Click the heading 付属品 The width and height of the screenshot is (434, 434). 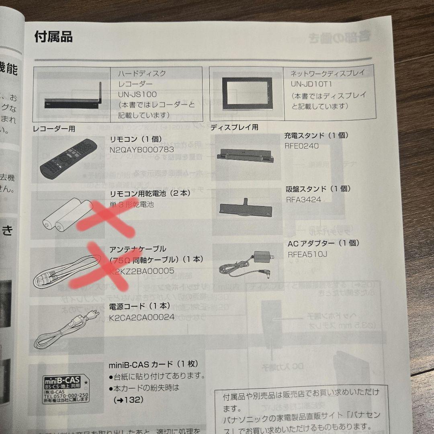[x=53, y=37]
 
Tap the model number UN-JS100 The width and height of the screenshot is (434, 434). [x=137, y=94]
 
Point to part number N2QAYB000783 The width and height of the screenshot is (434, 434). [x=141, y=149]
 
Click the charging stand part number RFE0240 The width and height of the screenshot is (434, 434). [x=302, y=146]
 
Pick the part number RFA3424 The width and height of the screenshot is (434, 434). [x=303, y=199]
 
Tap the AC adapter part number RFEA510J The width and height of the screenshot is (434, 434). [x=307, y=254]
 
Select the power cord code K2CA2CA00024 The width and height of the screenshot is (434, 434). [x=142, y=317]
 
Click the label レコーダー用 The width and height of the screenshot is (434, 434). [x=54, y=129]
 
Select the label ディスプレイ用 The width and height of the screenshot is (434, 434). [x=234, y=127]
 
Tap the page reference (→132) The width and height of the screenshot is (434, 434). [x=128, y=400]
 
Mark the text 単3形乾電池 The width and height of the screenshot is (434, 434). [x=131, y=204]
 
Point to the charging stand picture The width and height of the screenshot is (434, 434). [x=245, y=155]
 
